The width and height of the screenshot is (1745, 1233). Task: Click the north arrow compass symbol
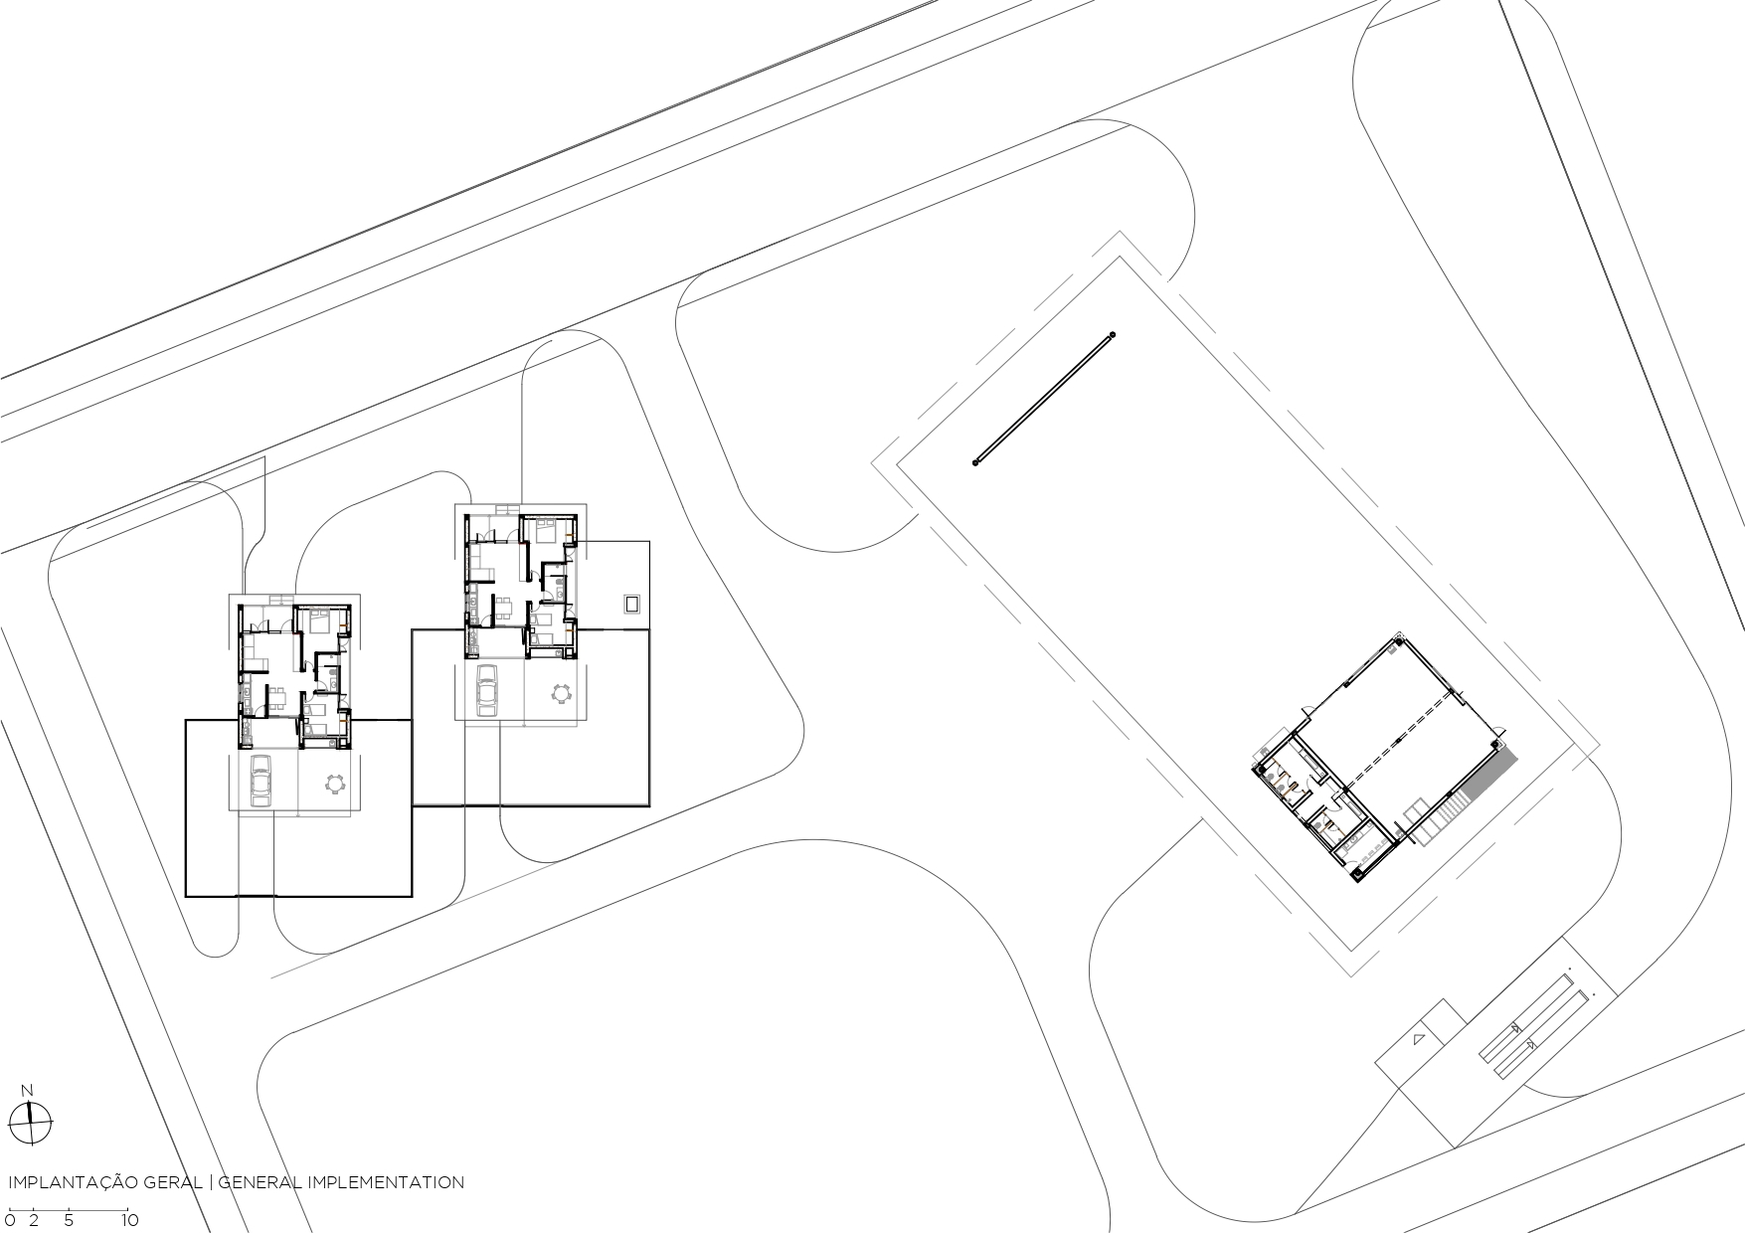pos(34,1124)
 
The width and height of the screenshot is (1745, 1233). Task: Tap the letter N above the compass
pos(28,1091)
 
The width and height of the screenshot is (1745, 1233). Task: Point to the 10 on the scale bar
pos(129,1220)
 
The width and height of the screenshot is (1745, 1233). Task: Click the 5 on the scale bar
pos(69,1220)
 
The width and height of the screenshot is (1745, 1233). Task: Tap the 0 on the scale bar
pos(10,1220)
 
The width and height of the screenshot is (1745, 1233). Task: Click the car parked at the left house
pos(261,780)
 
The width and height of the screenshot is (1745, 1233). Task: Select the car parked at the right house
pos(487,690)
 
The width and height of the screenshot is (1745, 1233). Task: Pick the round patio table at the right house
pos(562,693)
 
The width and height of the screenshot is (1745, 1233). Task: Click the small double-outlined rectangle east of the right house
pos(631,604)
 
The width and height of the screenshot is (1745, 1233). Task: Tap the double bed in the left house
pos(320,621)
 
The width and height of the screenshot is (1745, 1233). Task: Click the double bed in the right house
pos(545,530)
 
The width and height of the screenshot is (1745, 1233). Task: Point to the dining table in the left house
pos(281,696)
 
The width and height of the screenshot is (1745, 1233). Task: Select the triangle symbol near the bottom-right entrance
pos(1418,1039)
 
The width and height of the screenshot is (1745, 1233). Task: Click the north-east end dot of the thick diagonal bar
pos(1113,335)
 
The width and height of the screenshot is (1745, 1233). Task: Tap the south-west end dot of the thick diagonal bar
pos(976,462)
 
